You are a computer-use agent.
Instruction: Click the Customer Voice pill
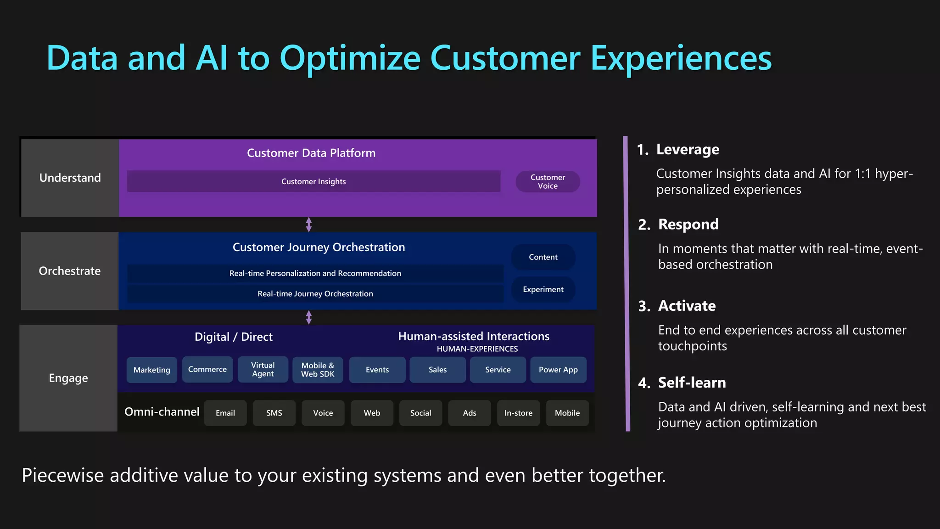[548, 181]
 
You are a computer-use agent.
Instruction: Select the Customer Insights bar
[313, 181]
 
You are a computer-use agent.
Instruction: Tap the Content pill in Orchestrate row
[543, 257]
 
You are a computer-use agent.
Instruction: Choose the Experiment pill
[543, 289]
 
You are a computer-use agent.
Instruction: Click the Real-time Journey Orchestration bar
[315, 293]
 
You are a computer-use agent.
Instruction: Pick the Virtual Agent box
[263, 369]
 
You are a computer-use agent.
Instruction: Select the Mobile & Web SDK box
[318, 370]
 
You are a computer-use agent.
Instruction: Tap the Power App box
[558, 370]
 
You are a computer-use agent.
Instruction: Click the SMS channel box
[274, 413]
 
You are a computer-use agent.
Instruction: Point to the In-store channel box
[518, 413]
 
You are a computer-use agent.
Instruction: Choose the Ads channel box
[469, 413]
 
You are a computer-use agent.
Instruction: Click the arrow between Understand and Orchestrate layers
[309, 225]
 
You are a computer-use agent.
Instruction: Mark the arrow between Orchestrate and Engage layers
[309, 317]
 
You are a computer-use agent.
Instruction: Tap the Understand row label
[70, 178]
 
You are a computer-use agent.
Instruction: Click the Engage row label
[68, 378]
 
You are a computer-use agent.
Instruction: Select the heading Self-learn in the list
[692, 383]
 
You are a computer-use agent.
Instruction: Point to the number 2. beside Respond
[644, 225]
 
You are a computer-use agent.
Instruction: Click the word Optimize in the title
[350, 58]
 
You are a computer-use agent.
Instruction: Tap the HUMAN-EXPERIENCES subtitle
[477, 349]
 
